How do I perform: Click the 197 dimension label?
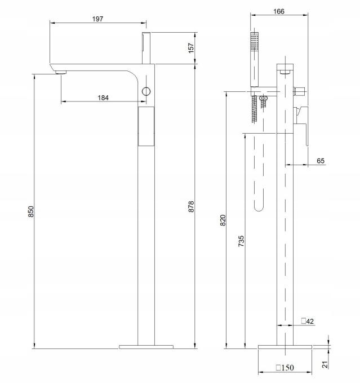97,19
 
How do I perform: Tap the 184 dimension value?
103,98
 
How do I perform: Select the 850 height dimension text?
31,211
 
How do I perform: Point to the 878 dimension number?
191,206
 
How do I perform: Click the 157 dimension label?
191,48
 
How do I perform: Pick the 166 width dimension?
279,11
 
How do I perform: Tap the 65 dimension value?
321,161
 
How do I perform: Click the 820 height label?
223,220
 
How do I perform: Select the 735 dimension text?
241,241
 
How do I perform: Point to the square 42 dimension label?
308,321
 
